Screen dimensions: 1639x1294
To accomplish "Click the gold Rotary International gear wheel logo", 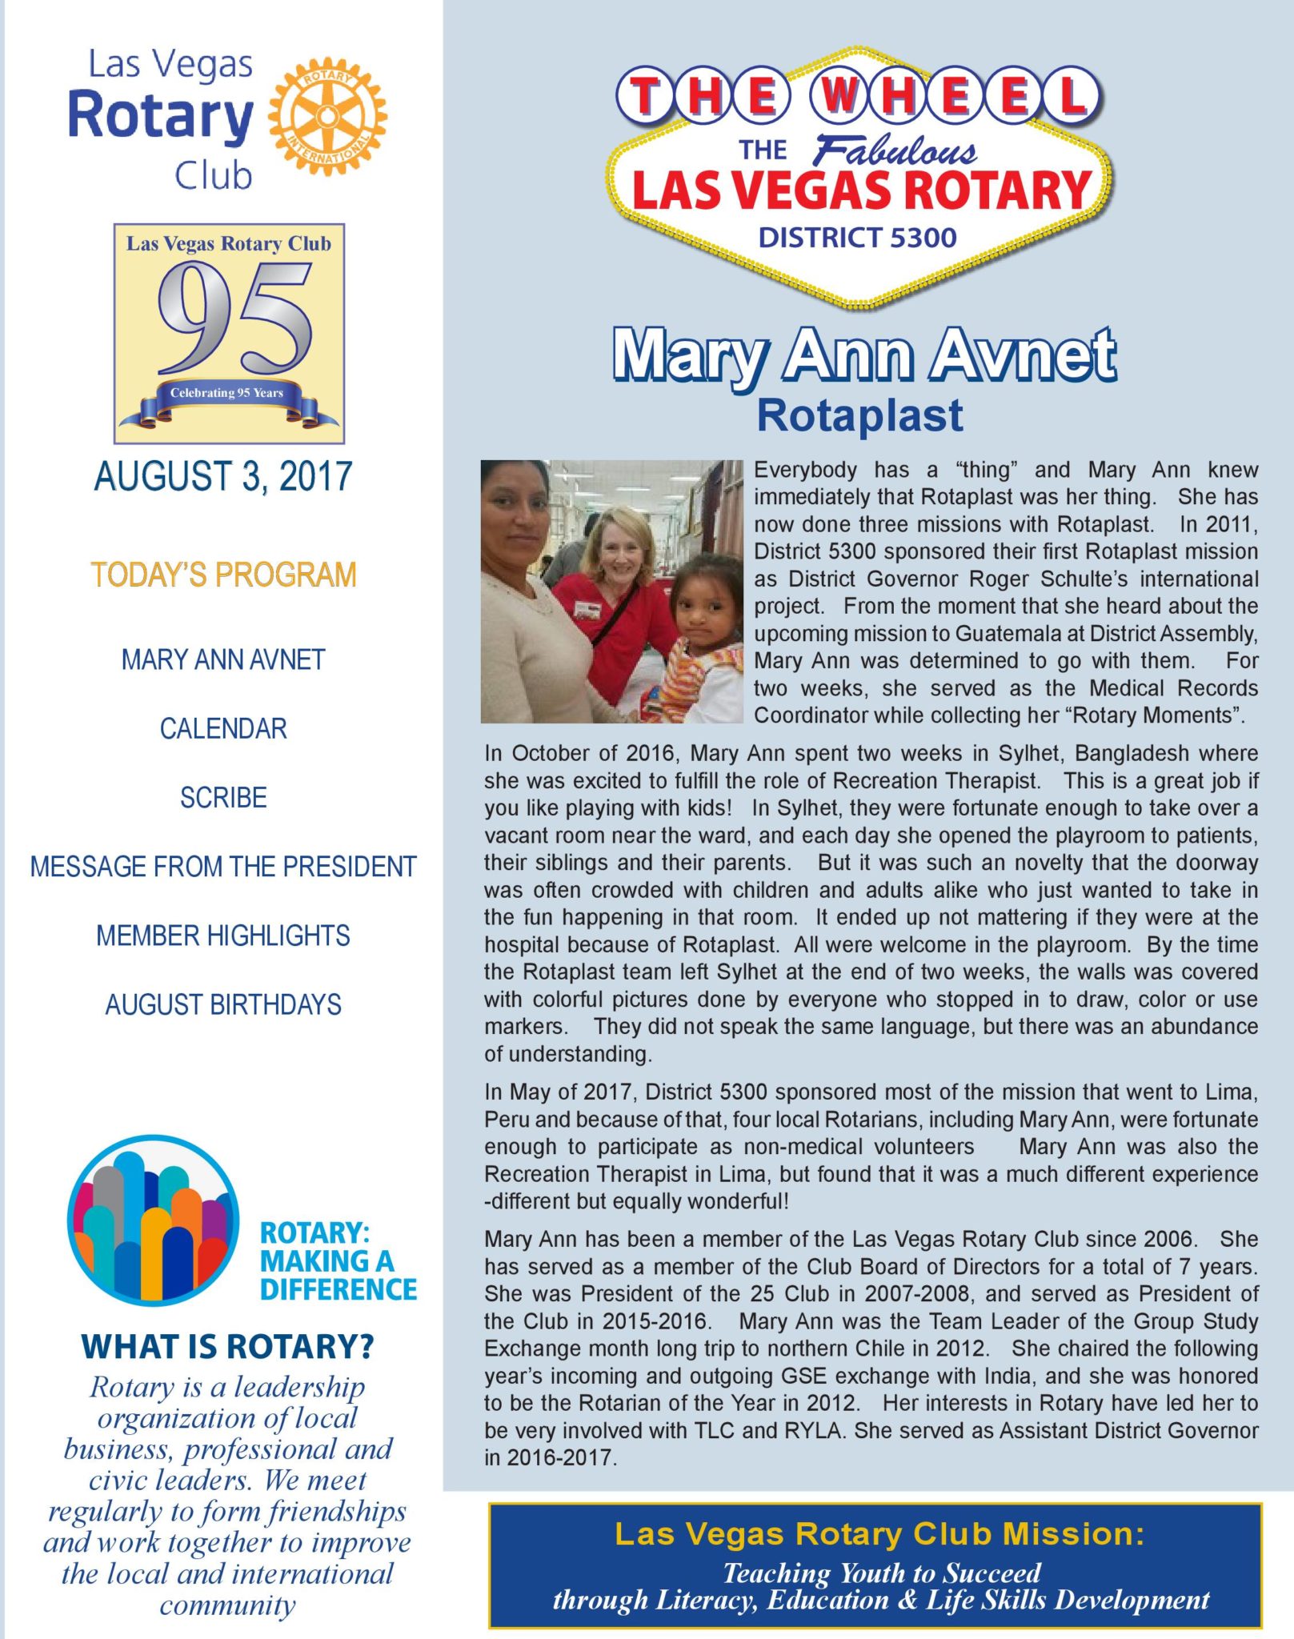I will [x=327, y=116].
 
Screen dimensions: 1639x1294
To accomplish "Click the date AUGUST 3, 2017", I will [x=223, y=476].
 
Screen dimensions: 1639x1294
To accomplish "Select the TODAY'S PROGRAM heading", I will [x=223, y=575].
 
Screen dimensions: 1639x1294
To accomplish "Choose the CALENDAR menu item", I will [x=223, y=729].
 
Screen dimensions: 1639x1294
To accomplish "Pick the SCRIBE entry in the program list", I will [x=223, y=798].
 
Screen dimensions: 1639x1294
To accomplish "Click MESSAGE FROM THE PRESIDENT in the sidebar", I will [x=223, y=867].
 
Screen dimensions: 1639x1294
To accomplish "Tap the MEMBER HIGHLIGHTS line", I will [x=223, y=936].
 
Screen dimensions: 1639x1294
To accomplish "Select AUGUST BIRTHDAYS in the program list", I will [x=223, y=1004].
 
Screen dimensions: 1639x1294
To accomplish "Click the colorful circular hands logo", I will [x=153, y=1220].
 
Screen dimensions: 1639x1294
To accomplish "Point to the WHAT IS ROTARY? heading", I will [x=227, y=1347].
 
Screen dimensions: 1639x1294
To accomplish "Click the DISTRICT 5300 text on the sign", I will [x=857, y=238].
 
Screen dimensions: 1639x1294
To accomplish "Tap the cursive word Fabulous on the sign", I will [x=895, y=151].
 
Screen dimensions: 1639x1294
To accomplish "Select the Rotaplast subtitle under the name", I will [x=859, y=415].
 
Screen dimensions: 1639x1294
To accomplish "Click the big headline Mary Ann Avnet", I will [x=863, y=355].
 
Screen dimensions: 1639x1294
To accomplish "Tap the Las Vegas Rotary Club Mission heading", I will [x=879, y=1534].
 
